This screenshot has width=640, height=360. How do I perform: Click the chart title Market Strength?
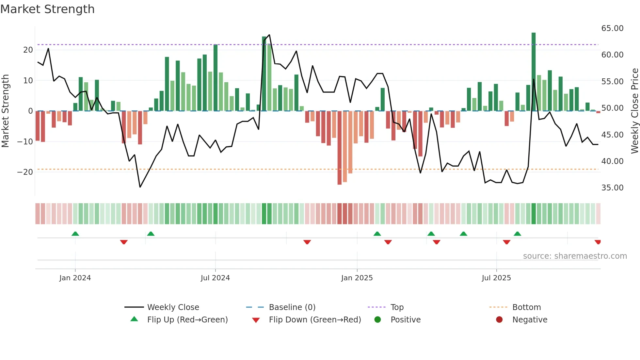coord(47,9)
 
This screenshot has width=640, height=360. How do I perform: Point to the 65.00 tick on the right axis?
coord(612,28)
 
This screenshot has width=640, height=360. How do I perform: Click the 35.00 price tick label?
coord(612,188)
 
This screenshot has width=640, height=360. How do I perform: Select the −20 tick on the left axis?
coord(25,172)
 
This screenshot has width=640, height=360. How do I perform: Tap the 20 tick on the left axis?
coord(28,50)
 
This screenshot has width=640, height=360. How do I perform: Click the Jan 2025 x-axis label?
coord(357,278)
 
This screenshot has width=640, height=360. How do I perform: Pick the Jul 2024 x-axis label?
coord(215,278)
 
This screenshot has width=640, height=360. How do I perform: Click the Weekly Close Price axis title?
coord(634,111)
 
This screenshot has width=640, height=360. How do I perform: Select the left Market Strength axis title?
coord(6,111)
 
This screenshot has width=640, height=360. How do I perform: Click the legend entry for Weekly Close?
coord(173,307)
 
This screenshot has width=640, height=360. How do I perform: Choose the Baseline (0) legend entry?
coord(292,307)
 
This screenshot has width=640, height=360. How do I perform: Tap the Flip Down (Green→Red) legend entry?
coord(315,320)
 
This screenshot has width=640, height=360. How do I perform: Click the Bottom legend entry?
coord(526,307)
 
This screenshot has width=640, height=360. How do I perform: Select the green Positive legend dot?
coord(378,320)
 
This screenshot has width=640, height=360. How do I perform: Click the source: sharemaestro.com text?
coord(575,256)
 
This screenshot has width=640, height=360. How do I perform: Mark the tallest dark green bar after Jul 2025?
coord(534,72)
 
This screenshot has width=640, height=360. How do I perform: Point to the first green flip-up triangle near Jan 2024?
coord(75,234)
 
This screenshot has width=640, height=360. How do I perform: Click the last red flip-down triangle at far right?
coord(598,242)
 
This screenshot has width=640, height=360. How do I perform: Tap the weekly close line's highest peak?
coord(269,35)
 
